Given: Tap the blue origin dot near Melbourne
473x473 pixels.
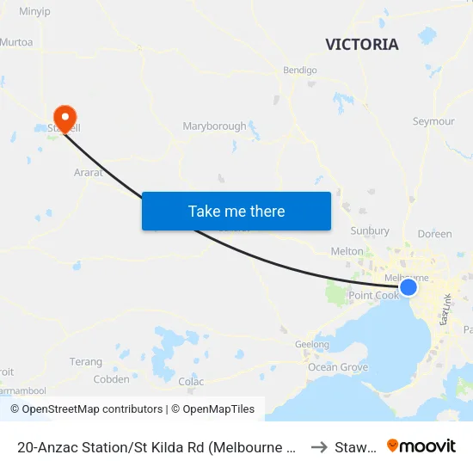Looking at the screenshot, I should (x=408, y=287).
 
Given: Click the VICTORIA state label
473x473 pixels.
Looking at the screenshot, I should (x=362, y=45).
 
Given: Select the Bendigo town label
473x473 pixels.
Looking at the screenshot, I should (x=299, y=71).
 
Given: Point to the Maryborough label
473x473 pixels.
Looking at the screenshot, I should (x=214, y=126).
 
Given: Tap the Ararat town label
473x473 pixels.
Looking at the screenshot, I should (x=89, y=172).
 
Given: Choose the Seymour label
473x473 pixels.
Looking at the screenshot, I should (x=433, y=121).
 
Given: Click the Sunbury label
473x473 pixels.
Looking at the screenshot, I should (x=370, y=230).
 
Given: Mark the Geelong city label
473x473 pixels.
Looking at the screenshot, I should (x=312, y=344).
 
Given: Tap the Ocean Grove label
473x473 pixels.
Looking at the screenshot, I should (x=338, y=367).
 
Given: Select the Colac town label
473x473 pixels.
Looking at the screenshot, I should (x=191, y=381).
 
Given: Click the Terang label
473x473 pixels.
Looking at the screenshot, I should (x=86, y=362).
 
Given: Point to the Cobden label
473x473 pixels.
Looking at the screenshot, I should (x=111, y=379).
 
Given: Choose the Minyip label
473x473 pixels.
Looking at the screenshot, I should (x=35, y=12).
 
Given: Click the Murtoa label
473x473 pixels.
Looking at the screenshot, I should (x=16, y=41).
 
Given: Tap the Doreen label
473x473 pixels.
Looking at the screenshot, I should (x=434, y=234).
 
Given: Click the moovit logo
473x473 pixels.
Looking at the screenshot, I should (x=421, y=445).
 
